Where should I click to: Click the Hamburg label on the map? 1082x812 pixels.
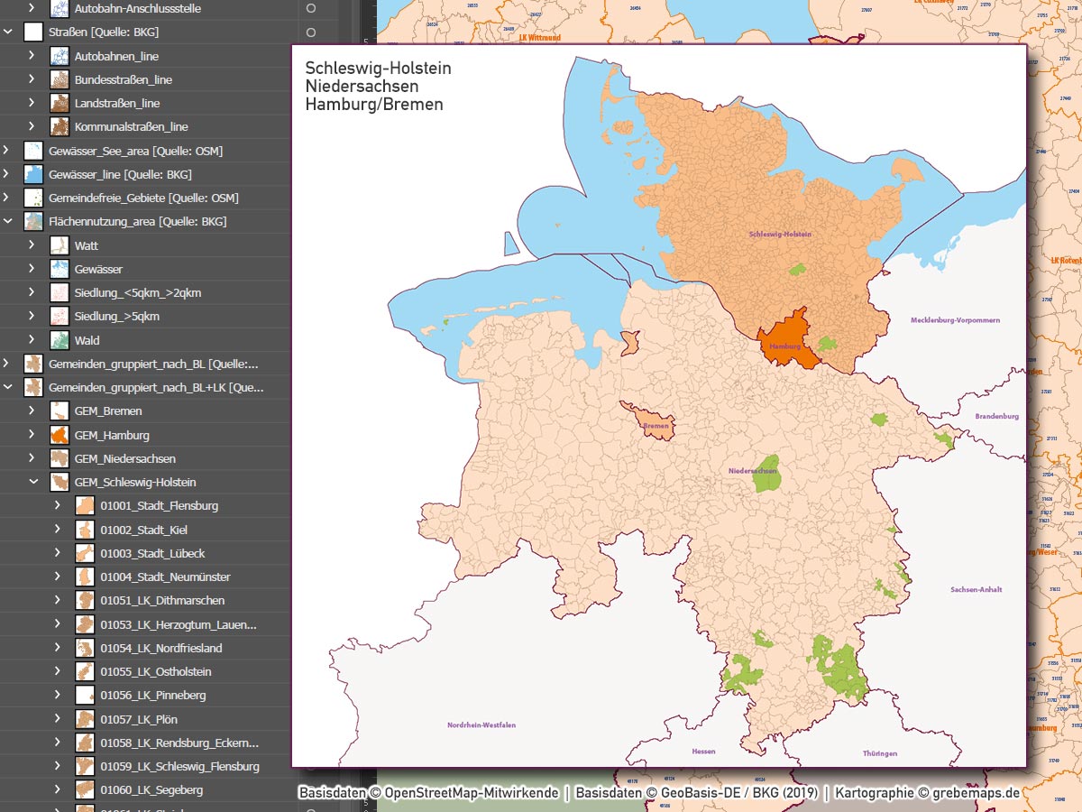pos(785,346)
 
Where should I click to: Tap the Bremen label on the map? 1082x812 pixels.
pos(656,425)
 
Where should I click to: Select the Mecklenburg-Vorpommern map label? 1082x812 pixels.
pos(955,320)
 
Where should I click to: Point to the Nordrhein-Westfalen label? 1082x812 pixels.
pos(481,724)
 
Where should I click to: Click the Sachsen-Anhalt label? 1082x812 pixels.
pos(976,590)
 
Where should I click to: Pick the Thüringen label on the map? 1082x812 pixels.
pos(878,752)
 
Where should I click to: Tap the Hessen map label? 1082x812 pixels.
pos(703,751)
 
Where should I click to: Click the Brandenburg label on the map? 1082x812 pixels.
pos(996,416)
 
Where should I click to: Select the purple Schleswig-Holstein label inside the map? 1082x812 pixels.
pos(780,235)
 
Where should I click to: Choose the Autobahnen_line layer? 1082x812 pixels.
pos(116,56)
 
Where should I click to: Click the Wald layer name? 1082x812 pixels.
pos(87,340)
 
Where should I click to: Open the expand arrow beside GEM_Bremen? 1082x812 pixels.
pos(32,411)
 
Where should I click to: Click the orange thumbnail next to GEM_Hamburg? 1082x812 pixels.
pos(60,435)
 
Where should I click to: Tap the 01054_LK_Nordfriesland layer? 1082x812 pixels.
pos(160,648)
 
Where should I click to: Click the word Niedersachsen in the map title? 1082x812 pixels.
pos(362,87)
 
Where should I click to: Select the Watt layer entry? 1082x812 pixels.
pos(87,245)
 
